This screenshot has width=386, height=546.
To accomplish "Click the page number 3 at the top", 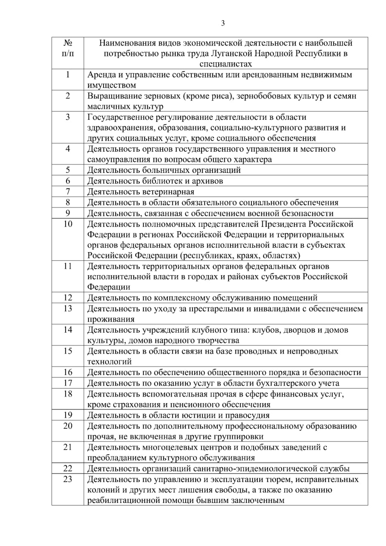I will [x=223, y=23].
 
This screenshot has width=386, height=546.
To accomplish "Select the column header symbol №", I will [x=68, y=43].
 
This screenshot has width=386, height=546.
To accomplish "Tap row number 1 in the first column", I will [x=68, y=75].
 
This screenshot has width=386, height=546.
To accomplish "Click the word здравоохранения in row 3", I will [x=119, y=128].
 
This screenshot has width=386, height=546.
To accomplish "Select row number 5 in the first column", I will [x=68, y=170].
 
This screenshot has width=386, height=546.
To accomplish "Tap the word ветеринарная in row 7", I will [x=166, y=192].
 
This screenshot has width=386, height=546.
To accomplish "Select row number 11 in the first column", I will [x=68, y=266].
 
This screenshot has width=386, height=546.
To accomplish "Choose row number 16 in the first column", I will [x=68, y=372].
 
